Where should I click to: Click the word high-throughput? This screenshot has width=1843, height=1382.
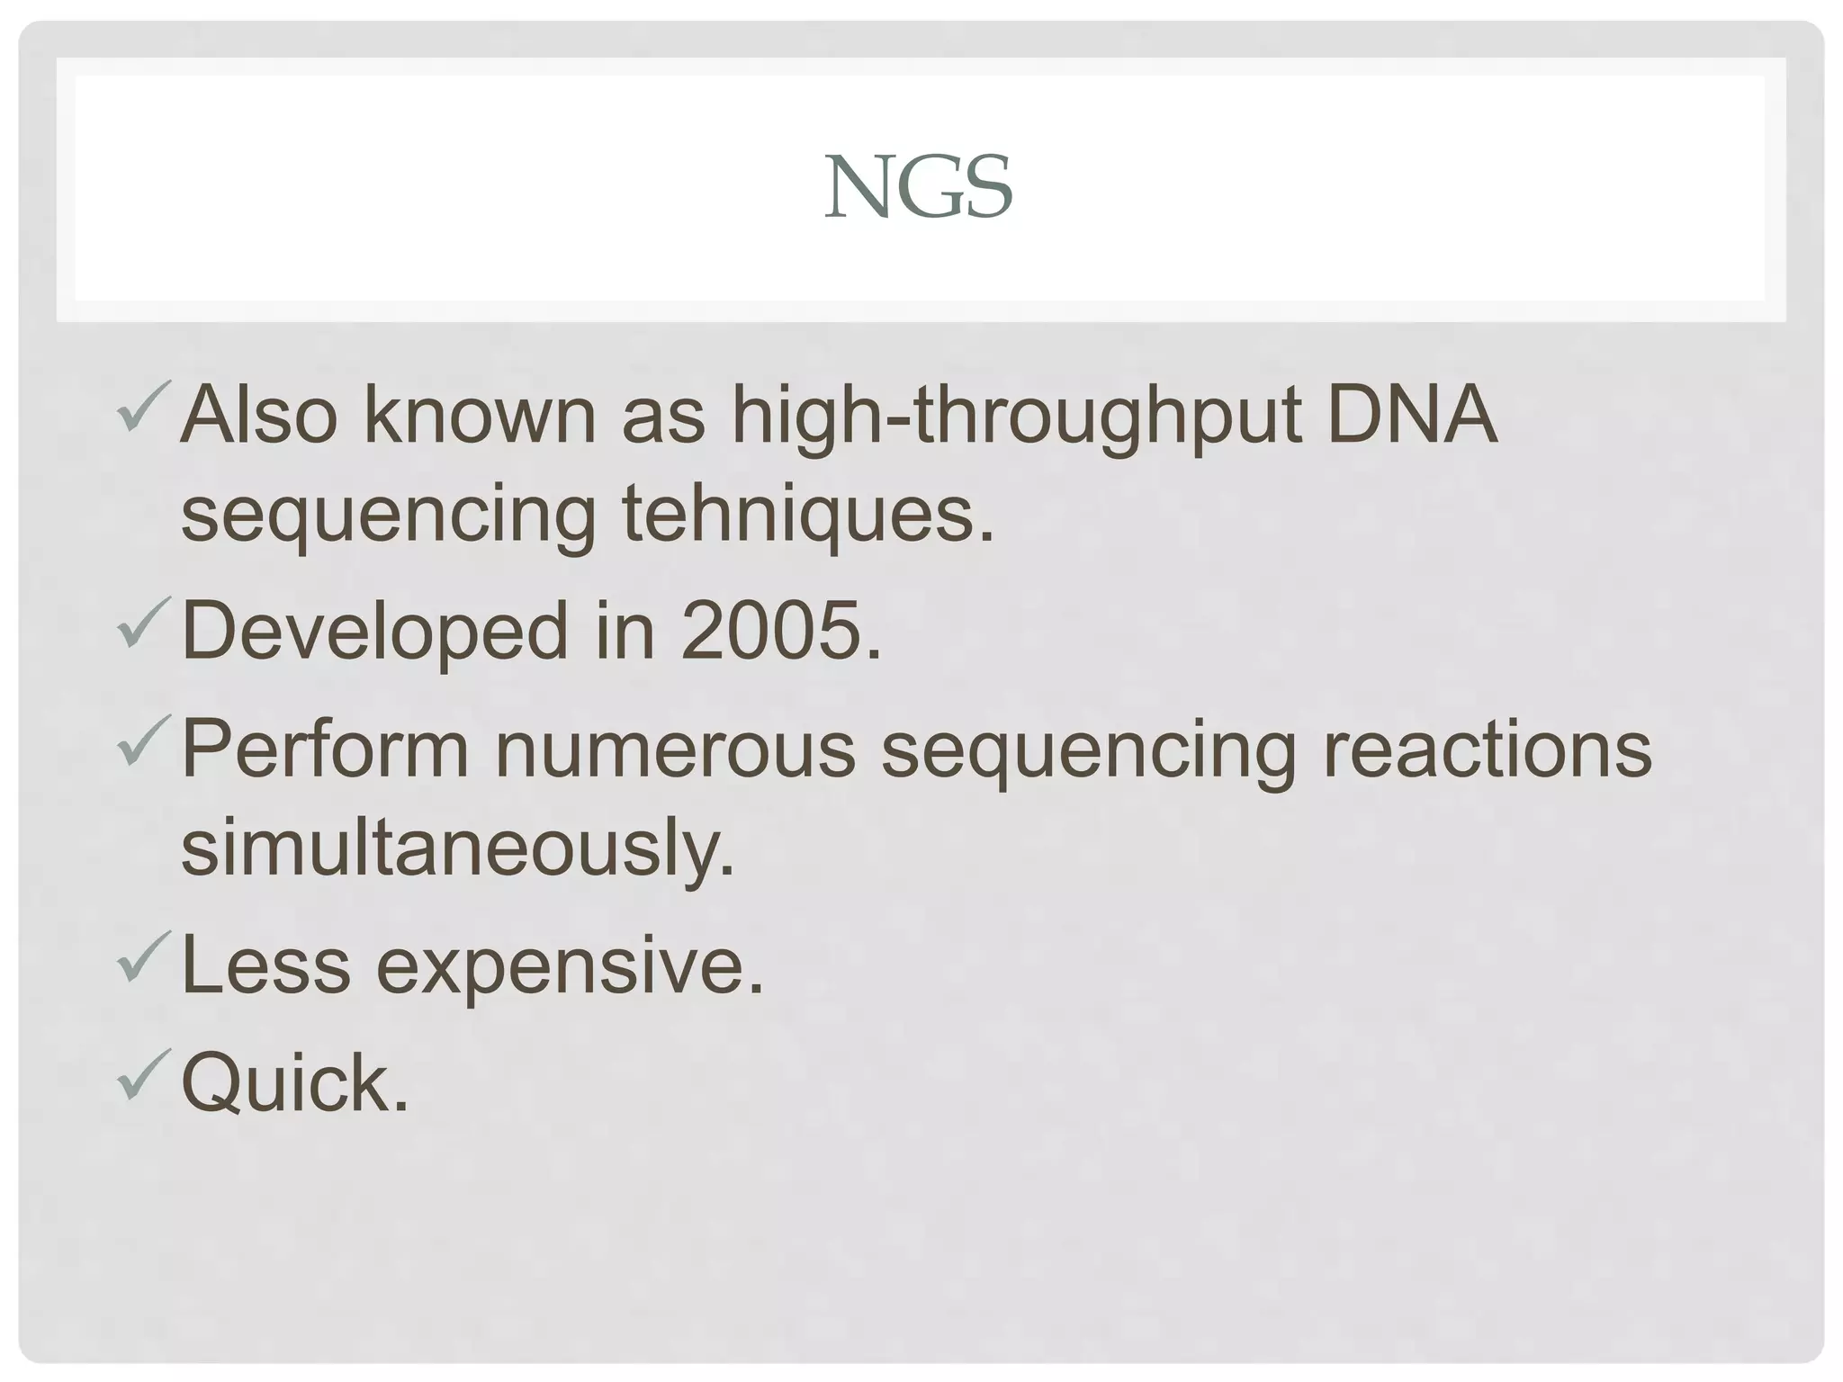[x=1016, y=418]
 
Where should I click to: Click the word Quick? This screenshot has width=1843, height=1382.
[x=294, y=1083]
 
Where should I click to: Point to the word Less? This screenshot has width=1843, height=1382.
[x=265, y=965]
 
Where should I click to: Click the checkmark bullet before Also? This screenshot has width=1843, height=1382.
[x=143, y=408]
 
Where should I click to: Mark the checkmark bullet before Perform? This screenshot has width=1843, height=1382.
[x=143, y=741]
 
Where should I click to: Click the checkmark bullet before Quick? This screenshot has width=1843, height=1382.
[x=143, y=1074]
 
